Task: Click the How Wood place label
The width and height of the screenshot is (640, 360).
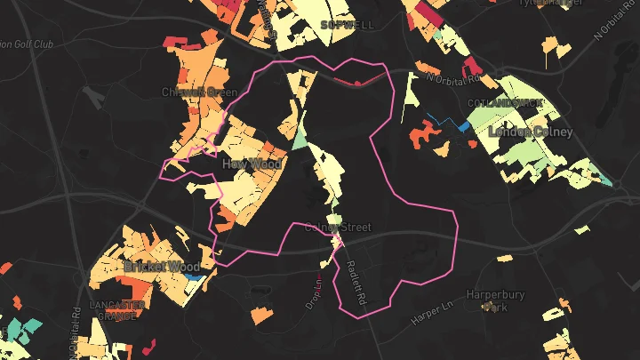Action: [252, 164]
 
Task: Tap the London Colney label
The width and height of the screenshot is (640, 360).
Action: [531, 132]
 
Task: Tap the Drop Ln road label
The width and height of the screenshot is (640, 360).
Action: [314, 290]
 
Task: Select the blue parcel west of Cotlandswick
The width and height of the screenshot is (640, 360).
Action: [462, 125]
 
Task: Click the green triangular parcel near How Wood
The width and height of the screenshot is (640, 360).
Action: [299, 139]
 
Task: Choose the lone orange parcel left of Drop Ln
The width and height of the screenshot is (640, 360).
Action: [261, 315]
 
